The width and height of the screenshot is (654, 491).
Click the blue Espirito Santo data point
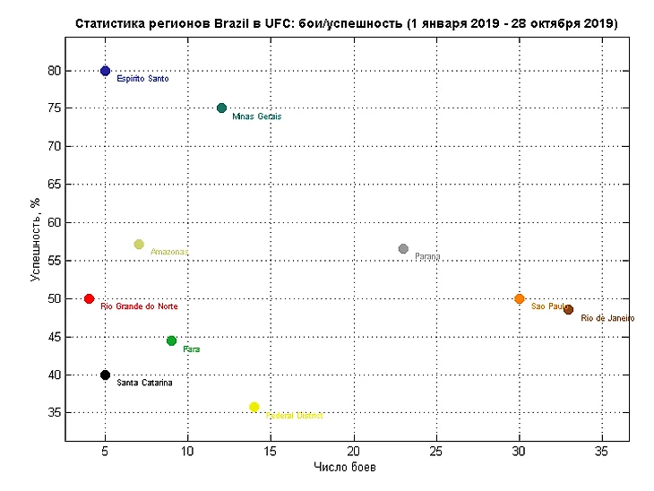pyautogui.click(x=105, y=71)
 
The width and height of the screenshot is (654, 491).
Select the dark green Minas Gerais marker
pyautogui.click(x=221, y=108)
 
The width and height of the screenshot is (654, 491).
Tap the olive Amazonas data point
pyautogui.click(x=139, y=244)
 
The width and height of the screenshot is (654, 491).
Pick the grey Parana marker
pyautogui.click(x=403, y=248)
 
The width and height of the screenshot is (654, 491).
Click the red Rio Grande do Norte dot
pyautogui.click(x=89, y=298)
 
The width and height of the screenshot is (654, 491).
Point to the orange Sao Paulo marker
pyautogui.click(x=520, y=298)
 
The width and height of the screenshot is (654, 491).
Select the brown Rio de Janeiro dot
pyautogui.click(x=568, y=309)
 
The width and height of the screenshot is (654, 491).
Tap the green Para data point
pyautogui.click(x=171, y=340)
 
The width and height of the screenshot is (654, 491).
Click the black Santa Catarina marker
pyautogui.click(x=105, y=375)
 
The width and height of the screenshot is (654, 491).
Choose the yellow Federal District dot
pyautogui.click(x=254, y=407)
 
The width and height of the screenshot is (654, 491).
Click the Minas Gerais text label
pyautogui.click(x=256, y=116)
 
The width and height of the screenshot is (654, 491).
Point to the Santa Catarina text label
pyautogui.click(x=144, y=383)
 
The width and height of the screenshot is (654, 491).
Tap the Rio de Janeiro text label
pyautogui.click(x=607, y=318)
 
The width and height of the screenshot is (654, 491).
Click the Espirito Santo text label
pyautogui.click(x=142, y=79)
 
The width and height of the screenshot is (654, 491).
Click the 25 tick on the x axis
pyautogui.click(x=436, y=450)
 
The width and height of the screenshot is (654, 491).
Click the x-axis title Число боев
pyautogui.click(x=346, y=468)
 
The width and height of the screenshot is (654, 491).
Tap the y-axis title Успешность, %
pyautogui.click(x=35, y=239)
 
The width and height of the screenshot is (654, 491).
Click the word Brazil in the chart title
pyautogui.click(x=233, y=22)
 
